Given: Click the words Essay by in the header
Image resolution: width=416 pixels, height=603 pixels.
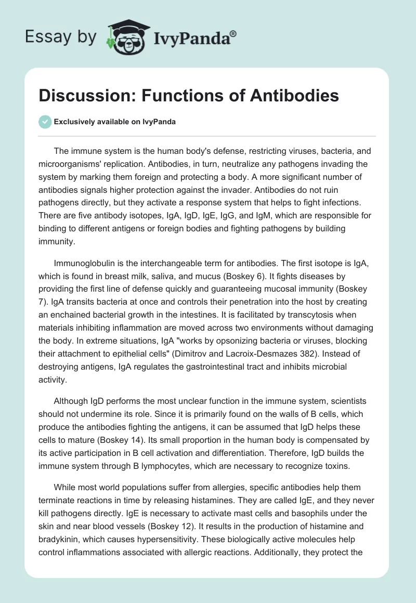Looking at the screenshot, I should click(x=60, y=37).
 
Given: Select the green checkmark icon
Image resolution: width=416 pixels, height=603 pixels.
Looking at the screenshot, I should click(x=45, y=122).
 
